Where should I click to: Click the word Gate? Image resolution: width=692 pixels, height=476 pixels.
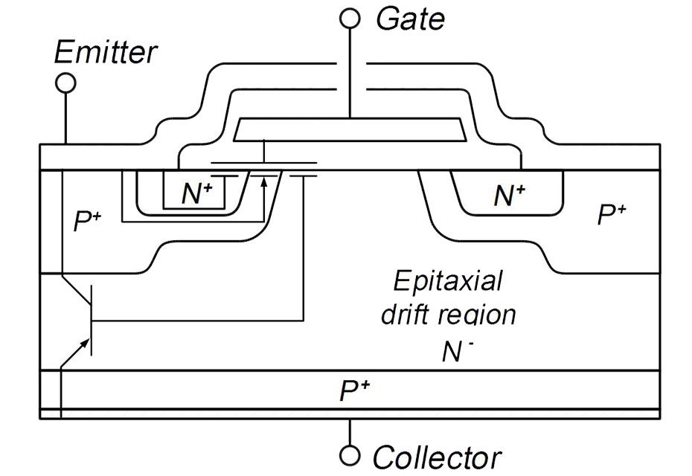[x=410, y=19]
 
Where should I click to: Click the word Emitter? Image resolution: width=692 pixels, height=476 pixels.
[x=106, y=53]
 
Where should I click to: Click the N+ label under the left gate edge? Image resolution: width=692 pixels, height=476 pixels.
[x=198, y=195]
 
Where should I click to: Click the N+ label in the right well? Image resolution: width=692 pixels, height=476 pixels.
[x=510, y=196]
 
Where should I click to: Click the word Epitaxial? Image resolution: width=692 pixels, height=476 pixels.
[x=447, y=281]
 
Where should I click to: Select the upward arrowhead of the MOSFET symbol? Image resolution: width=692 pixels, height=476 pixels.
[x=264, y=182]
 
